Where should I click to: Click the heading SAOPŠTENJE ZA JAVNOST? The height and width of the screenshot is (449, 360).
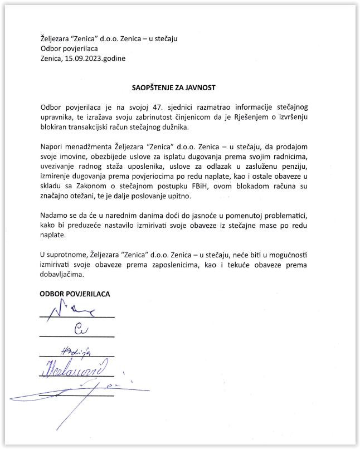[x=173, y=87]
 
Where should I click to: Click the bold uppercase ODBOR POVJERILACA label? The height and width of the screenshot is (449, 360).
[x=74, y=294]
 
